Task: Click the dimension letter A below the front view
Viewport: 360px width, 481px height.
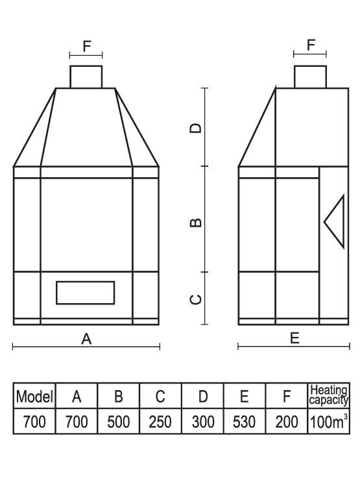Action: pyautogui.click(x=86, y=339)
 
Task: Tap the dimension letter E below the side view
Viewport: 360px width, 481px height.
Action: pyautogui.click(x=294, y=338)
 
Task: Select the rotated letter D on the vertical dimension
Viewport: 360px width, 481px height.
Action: pyautogui.click(x=196, y=128)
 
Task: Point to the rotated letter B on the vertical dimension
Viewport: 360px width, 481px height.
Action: pyautogui.click(x=196, y=223)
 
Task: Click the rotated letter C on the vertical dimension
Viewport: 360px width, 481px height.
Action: pyautogui.click(x=196, y=299)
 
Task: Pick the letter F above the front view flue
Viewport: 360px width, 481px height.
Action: pyautogui.click(x=87, y=46)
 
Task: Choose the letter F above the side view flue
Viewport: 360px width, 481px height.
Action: pyautogui.click(x=311, y=45)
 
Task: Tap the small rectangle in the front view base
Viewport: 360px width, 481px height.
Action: pyautogui.click(x=85, y=293)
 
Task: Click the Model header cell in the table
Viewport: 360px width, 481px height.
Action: pyautogui.click(x=34, y=396)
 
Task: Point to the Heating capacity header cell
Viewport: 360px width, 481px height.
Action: pyautogui.click(x=329, y=395)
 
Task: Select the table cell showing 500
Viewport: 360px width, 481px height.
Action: pyautogui.click(x=118, y=421)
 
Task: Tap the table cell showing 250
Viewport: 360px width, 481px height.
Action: pyautogui.click(x=160, y=421)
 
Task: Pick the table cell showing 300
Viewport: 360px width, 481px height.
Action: pyautogui.click(x=202, y=421)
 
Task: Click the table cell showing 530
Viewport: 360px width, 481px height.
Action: pyautogui.click(x=245, y=421)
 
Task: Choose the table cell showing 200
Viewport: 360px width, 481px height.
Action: pyautogui.click(x=287, y=421)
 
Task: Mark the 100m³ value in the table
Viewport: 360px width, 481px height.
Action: pyautogui.click(x=329, y=421)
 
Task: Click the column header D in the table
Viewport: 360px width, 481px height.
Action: pyautogui.click(x=202, y=396)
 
